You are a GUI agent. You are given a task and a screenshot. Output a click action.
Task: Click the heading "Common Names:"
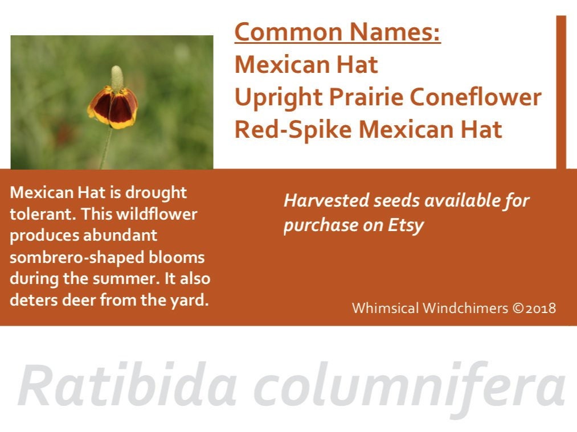pos(337,32)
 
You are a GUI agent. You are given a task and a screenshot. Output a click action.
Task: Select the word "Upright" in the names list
pos(278,98)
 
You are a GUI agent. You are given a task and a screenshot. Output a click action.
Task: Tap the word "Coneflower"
pos(475,97)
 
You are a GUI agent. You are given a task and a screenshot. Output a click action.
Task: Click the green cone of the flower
pos(117,78)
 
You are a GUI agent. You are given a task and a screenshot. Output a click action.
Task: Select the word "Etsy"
pos(406,226)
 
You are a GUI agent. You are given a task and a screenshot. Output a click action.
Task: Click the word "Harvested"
pos(326,200)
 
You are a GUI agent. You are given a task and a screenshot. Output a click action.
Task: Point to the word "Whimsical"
pos(385,308)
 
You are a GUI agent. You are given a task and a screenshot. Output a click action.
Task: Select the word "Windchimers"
pos(465,308)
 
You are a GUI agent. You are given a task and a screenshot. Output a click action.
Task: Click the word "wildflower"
pos(157,214)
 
